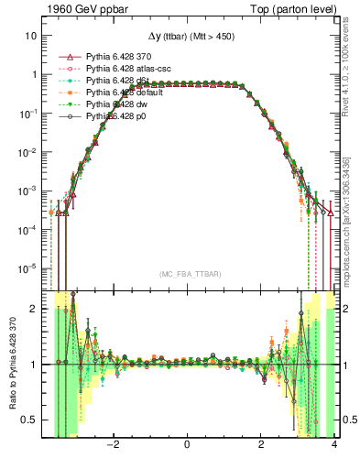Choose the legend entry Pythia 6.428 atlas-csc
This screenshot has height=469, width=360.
click(x=129, y=69)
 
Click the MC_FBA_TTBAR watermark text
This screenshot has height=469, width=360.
click(x=187, y=274)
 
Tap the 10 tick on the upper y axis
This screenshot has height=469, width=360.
click(x=31, y=36)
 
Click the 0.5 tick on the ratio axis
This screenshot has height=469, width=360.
click(x=29, y=420)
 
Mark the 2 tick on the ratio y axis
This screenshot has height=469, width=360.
click(x=34, y=309)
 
